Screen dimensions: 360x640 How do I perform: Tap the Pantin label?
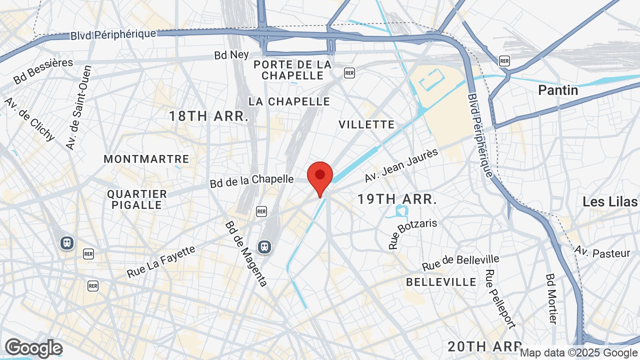point(558,90)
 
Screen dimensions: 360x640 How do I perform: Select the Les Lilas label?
point(610,202)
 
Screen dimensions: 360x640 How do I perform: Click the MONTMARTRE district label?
point(146,159)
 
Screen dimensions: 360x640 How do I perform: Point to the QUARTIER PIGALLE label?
point(137,199)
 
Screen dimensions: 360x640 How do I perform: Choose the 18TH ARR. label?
point(208,116)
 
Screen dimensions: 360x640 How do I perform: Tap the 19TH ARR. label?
point(397,199)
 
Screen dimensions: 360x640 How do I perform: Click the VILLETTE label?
point(366,124)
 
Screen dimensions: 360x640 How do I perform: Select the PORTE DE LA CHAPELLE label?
point(292,70)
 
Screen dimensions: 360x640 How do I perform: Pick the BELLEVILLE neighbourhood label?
point(441,282)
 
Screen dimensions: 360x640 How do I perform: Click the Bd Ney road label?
point(231,54)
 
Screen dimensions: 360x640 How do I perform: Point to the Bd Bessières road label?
point(43,71)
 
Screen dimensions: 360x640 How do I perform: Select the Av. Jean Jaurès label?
point(401,165)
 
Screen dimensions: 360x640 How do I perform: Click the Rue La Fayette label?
point(161,261)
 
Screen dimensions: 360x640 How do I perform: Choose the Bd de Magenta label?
point(246,254)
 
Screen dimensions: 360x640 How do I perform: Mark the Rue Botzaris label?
point(412,233)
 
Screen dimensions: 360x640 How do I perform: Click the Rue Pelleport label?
point(500,299)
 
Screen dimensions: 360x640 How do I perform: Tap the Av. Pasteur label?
point(602,252)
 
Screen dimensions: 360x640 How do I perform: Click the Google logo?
point(33,348)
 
